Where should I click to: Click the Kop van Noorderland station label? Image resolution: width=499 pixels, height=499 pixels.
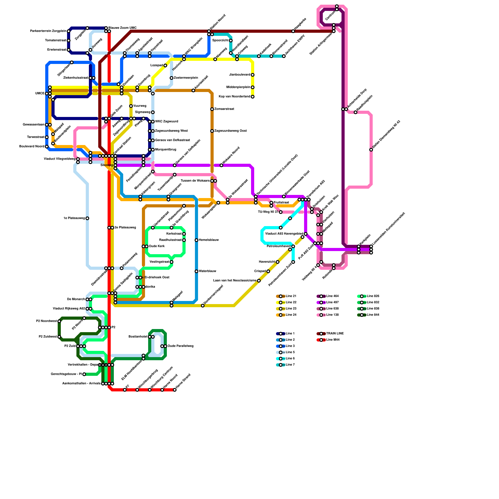[x=234, y=97]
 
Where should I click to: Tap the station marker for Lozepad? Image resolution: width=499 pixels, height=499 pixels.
[x=165, y=65]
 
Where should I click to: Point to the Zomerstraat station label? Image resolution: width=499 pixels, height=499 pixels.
[x=224, y=109]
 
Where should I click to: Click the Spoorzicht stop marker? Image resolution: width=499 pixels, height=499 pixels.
[x=231, y=41]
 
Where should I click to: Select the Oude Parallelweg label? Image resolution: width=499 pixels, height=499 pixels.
[x=181, y=346]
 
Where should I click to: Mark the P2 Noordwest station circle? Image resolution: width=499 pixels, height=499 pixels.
[x=59, y=321]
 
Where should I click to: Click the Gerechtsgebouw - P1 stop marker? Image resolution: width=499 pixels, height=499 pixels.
[x=84, y=374]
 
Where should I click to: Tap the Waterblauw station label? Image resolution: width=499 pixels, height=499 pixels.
[x=207, y=271]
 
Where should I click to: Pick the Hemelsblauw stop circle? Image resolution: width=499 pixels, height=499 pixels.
[x=196, y=240]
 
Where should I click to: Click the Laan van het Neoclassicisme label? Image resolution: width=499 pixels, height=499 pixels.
[x=235, y=281]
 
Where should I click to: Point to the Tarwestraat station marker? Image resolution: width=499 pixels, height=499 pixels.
[x=47, y=137]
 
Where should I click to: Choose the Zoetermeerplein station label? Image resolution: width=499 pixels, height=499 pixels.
[x=186, y=78]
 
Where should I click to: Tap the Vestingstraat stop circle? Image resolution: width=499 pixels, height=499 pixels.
[x=172, y=262]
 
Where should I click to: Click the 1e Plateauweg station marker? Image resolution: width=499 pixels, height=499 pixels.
[x=87, y=218]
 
